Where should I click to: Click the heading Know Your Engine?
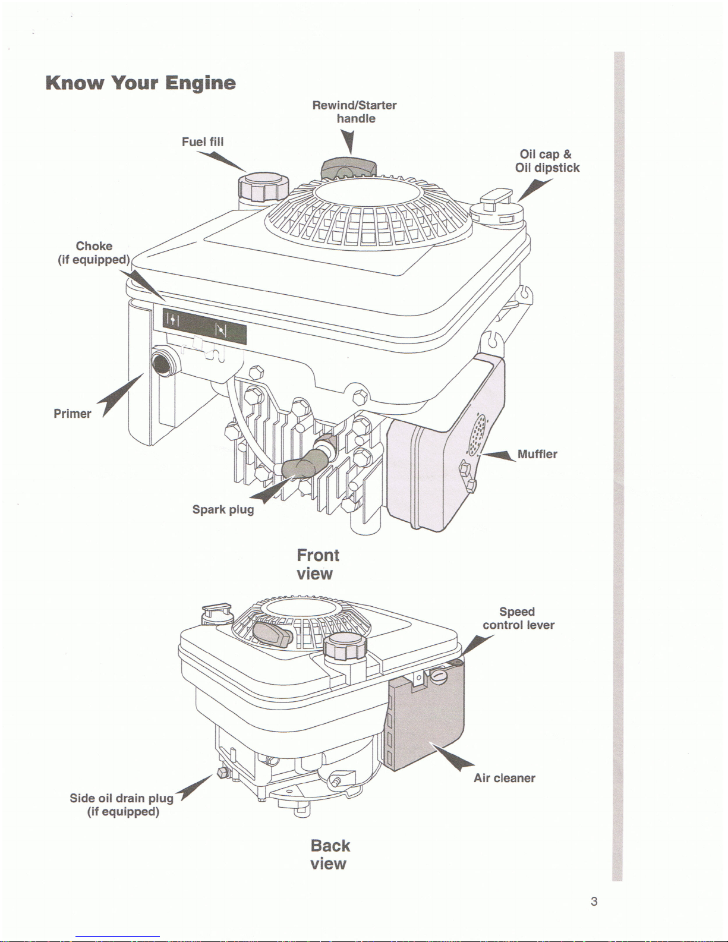pyautogui.click(x=140, y=83)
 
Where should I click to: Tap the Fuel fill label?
pyautogui.click(x=203, y=141)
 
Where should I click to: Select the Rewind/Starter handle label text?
pyautogui.click(x=355, y=112)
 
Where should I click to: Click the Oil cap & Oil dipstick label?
pyautogui.click(x=547, y=161)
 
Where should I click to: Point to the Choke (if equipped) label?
pyautogui.click(x=94, y=253)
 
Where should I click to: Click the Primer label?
pyautogui.click(x=73, y=414)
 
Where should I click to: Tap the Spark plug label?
pyautogui.click(x=223, y=509)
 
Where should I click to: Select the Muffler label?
pyautogui.click(x=537, y=454)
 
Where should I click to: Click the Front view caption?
pyautogui.click(x=317, y=564)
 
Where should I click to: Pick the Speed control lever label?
pyautogui.click(x=518, y=618)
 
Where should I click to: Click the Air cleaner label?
pyautogui.click(x=505, y=778)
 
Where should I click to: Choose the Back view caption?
pyautogui.click(x=330, y=854)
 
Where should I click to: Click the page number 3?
pyautogui.click(x=594, y=902)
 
